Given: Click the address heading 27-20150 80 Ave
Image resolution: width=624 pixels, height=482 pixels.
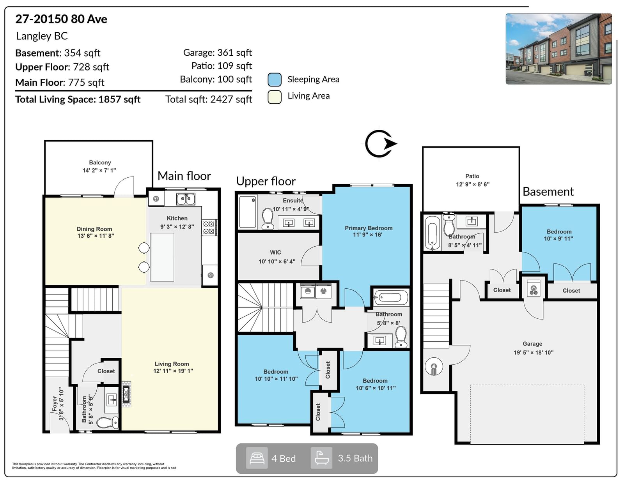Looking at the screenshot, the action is (x=61, y=19).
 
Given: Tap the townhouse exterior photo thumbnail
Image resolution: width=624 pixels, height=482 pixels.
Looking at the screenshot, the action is (x=559, y=49).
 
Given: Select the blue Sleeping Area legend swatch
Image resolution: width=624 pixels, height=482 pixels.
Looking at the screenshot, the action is (x=275, y=79).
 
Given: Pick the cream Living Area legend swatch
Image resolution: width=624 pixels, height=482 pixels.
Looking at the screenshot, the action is (x=275, y=97).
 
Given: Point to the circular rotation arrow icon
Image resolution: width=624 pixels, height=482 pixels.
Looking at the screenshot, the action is (x=380, y=143).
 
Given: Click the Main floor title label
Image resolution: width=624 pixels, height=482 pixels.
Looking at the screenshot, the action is (x=184, y=176).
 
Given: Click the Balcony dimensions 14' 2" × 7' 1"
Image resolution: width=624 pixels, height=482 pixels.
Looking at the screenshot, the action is (x=99, y=170).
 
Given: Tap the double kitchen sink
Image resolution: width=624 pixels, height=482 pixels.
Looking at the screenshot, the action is (x=186, y=199).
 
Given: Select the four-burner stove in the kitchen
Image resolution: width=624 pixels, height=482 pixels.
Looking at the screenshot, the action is (x=209, y=227).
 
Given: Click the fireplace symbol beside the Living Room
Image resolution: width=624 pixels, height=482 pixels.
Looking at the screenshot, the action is (x=126, y=394).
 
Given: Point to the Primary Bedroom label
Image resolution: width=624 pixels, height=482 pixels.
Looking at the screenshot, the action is (x=369, y=228).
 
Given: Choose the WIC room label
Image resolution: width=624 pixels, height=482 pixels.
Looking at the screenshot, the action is (x=275, y=252).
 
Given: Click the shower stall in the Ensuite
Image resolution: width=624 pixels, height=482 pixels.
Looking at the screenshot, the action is (x=247, y=212).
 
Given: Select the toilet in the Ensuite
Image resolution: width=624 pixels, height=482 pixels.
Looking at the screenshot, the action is (x=268, y=218).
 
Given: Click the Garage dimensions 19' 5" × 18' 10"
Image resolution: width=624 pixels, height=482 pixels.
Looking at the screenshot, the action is (x=534, y=353).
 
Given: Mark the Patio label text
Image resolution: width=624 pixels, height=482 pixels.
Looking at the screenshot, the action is (x=472, y=176).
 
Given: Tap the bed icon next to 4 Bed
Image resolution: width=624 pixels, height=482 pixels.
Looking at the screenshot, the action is (x=257, y=458).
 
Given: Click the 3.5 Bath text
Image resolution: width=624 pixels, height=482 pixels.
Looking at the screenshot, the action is (x=355, y=458).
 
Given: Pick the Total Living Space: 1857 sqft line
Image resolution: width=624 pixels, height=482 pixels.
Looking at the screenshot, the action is (x=78, y=99).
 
